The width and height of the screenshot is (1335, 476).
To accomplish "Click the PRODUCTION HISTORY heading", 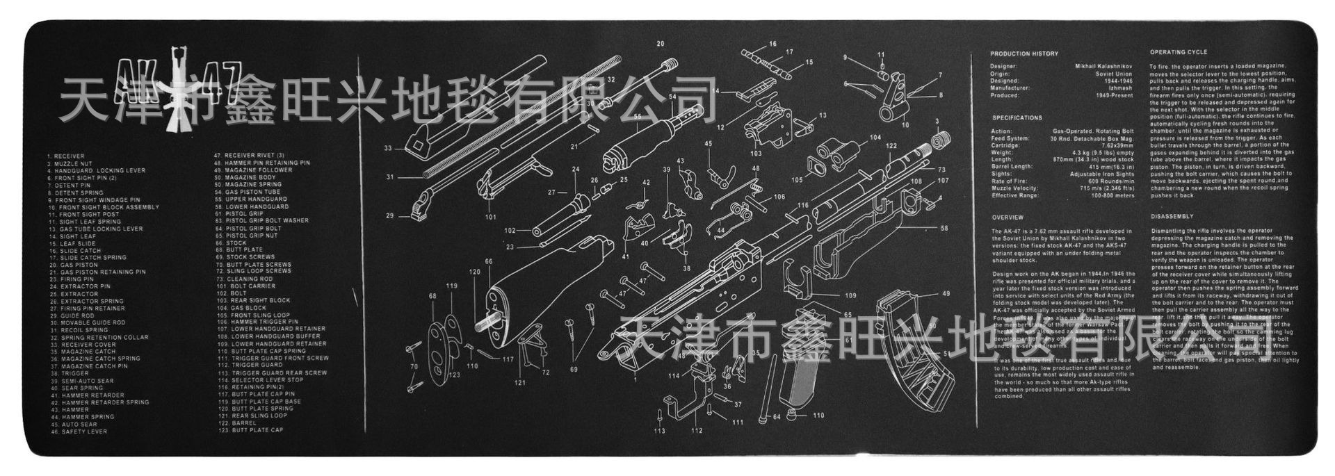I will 1024,54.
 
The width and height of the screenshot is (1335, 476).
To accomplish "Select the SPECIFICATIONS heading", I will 1017,118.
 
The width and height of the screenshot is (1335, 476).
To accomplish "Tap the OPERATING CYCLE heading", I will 1178,52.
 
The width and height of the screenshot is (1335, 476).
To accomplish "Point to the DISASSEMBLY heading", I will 1172,216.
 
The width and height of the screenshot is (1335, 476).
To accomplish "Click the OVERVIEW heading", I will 1008,218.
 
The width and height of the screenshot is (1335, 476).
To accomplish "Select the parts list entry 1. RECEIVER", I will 65,156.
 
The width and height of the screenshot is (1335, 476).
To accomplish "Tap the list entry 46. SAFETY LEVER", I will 79,432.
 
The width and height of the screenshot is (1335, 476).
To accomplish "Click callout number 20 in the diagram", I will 660,44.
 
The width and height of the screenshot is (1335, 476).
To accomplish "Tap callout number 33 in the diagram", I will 388,148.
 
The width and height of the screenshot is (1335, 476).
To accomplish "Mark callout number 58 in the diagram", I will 944,228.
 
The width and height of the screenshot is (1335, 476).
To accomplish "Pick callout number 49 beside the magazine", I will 946,294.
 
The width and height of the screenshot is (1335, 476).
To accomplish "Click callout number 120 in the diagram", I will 475,272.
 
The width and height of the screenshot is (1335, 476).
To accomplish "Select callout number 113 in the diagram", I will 659,431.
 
